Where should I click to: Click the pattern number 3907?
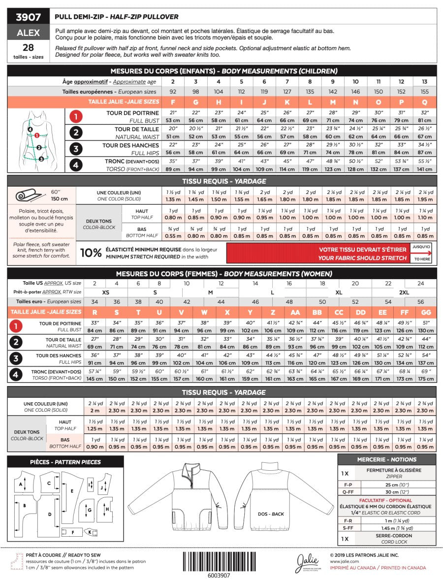[x=28, y=17]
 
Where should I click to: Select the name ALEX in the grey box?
[x=28, y=32]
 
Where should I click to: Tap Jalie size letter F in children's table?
[x=173, y=102]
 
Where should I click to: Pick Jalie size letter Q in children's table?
[x=424, y=102]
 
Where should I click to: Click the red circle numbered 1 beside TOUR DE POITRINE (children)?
[x=76, y=117]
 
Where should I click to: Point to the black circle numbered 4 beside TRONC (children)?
[x=76, y=165]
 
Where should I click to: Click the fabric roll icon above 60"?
[x=29, y=195]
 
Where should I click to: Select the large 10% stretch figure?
[x=91, y=253]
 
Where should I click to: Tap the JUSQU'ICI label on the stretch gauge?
[x=421, y=246]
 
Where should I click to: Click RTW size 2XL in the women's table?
[x=404, y=292]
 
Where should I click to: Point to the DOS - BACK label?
[x=270, y=514]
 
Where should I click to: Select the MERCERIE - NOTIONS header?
[x=386, y=459]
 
